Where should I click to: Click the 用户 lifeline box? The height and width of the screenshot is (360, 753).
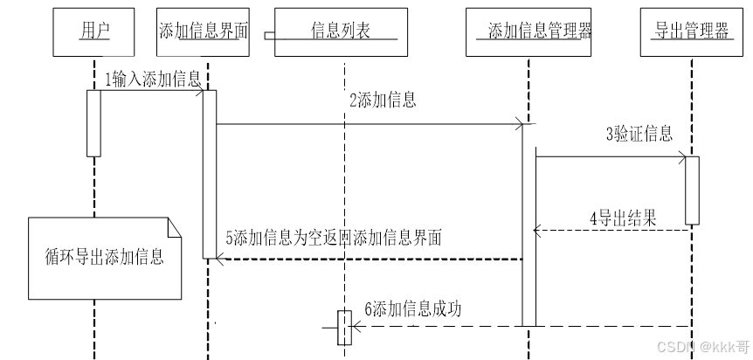pos(93,32)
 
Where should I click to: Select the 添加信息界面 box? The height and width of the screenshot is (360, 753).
pos(204,32)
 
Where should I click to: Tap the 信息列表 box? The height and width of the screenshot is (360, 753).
pos(342,32)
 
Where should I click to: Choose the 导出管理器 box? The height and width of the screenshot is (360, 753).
pos(691,32)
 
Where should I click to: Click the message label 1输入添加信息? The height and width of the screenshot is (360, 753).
pos(152,79)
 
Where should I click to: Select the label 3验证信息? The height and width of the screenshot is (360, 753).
pos(639,134)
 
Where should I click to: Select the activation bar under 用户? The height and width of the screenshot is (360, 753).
pos(93,122)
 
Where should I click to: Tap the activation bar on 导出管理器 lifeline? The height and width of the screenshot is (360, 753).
pos(692,190)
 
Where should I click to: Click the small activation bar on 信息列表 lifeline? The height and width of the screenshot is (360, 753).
pos(344,328)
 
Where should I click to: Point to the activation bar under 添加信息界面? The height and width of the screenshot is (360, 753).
pos(209,173)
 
